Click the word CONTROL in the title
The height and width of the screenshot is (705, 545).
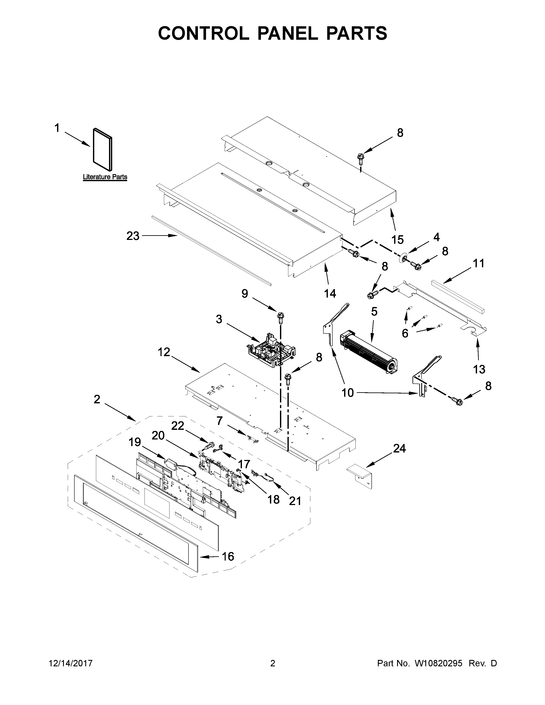click(203, 33)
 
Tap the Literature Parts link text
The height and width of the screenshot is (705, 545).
click(105, 177)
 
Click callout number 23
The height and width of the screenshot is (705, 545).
click(133, 236)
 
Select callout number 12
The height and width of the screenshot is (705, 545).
click(164, 352)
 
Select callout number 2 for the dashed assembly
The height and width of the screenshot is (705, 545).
click(97, 399)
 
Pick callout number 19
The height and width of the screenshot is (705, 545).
click(135, 442)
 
